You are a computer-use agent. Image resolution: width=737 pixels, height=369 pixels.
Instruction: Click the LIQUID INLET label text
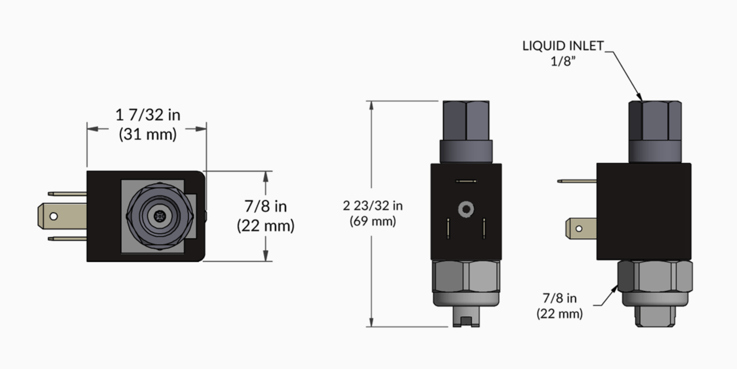563,46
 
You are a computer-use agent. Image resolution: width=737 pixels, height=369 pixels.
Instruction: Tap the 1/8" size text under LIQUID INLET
563,61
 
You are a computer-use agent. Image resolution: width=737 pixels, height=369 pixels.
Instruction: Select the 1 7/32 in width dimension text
148,115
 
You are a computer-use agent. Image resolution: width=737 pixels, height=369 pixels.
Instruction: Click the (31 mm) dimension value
148,134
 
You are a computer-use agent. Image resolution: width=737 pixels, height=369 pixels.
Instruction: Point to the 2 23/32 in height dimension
373,206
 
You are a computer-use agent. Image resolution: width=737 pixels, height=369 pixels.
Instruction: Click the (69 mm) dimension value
373,221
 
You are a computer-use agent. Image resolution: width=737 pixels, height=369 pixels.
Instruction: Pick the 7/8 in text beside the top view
266,206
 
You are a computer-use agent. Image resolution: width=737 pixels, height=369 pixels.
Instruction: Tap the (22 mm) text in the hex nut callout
559,313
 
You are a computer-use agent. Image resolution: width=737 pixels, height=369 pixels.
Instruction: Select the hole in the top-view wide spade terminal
54,216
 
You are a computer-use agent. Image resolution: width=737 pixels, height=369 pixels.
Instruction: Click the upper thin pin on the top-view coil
67,194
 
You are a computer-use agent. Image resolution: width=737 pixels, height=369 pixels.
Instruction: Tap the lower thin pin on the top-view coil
67,239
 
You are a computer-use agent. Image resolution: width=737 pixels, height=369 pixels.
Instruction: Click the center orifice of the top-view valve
160,216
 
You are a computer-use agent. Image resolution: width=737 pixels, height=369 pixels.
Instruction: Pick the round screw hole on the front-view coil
466,209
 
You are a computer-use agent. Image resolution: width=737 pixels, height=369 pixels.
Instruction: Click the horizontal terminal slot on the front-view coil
466,181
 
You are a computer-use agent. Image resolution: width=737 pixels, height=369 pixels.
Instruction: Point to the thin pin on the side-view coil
577,181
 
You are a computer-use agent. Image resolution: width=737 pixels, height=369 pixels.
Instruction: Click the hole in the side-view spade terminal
579,229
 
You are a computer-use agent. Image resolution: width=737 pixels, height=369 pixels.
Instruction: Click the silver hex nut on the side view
655,276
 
